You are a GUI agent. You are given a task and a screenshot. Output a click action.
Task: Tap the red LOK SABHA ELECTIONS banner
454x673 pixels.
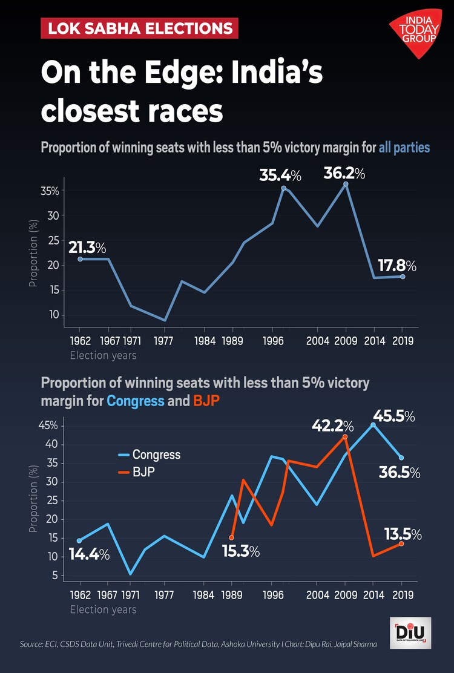pyautogui.click(x=139, y=28)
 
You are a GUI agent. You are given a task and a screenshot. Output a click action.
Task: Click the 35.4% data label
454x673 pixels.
pyautogui.click(x=280, y=176)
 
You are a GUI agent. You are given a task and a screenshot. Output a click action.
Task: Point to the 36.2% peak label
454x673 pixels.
pyautogui.click(x=344, y=174)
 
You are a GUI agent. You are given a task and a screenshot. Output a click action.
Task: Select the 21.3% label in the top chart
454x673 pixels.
pyautogui.click(x=87, y=248)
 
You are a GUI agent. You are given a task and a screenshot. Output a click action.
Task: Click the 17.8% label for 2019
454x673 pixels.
pyautogui.click(x=396, y=265)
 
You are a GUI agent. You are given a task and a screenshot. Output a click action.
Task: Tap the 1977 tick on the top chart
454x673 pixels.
pyautogui.click(x=164, y=340)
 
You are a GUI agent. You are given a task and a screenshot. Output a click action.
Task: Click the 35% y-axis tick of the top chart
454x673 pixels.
pyautogui.click(x=50, y=191)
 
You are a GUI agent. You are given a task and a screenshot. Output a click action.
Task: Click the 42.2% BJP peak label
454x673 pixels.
pyautogui.click(x=332, y=426)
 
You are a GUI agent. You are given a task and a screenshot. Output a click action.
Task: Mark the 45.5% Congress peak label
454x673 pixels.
pyautogui.click(x=393, y=416)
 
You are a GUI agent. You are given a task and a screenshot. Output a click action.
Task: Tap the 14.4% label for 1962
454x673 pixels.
pyautogui.click(x=89, y=554)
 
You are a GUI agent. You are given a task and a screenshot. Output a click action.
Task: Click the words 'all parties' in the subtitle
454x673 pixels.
pyautogui.click(x=404, y=147)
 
